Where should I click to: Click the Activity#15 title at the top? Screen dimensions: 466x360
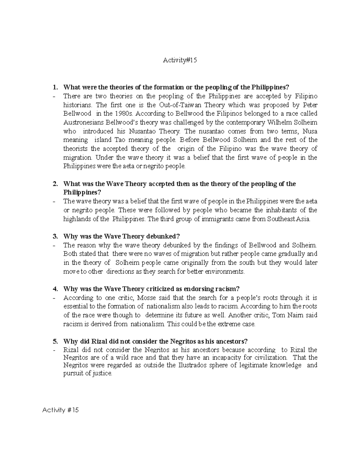180,60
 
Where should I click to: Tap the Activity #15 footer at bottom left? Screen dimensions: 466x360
60,410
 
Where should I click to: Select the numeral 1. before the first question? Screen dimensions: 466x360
55,87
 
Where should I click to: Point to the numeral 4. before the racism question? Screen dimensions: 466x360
55,289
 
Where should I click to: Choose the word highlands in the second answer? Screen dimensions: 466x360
77,219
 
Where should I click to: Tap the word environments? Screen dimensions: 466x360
225,272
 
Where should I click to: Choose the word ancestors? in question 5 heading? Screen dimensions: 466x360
231,341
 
